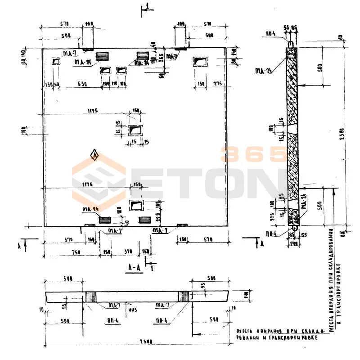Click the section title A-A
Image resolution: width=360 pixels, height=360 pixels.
pyautogui.click(x=133, y=267)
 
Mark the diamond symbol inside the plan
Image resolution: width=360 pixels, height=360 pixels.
pyautogui.click(x=94, y=154)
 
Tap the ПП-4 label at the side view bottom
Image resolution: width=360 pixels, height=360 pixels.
pyautogui.click(x=270, y=233)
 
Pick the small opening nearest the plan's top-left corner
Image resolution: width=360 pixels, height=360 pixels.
pyautogui.click(x=56, y=61)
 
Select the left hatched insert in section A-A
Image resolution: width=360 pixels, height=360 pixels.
pyautogui.click(x=91, y=297)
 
